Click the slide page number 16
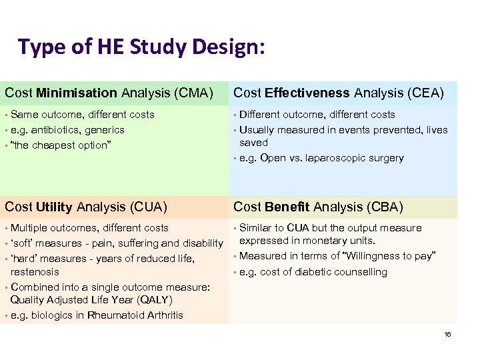pos(447,334)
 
